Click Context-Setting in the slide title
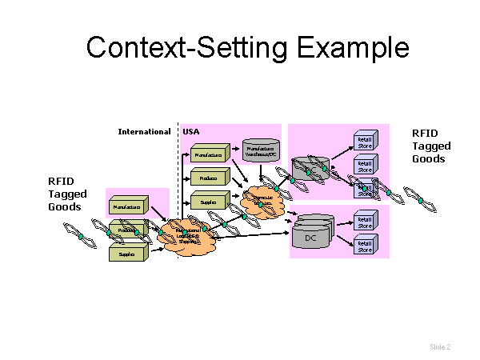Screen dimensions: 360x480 pos(189,47)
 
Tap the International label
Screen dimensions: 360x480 pos(144,131)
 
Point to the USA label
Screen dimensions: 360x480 pos(190,131)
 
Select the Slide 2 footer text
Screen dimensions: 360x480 pos(440,346)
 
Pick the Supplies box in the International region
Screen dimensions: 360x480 pos(127,254)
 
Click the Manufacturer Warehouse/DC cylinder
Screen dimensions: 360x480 pos(260,150)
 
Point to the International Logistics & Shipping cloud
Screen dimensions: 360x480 pos(187,235)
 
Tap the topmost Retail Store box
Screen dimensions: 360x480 pos(365,142)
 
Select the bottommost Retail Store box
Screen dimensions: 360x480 pos(365,245)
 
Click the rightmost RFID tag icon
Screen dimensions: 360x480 pos(419,200)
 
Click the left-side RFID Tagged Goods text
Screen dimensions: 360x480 pos(67,194)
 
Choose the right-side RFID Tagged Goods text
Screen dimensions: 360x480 pos(431,146)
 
